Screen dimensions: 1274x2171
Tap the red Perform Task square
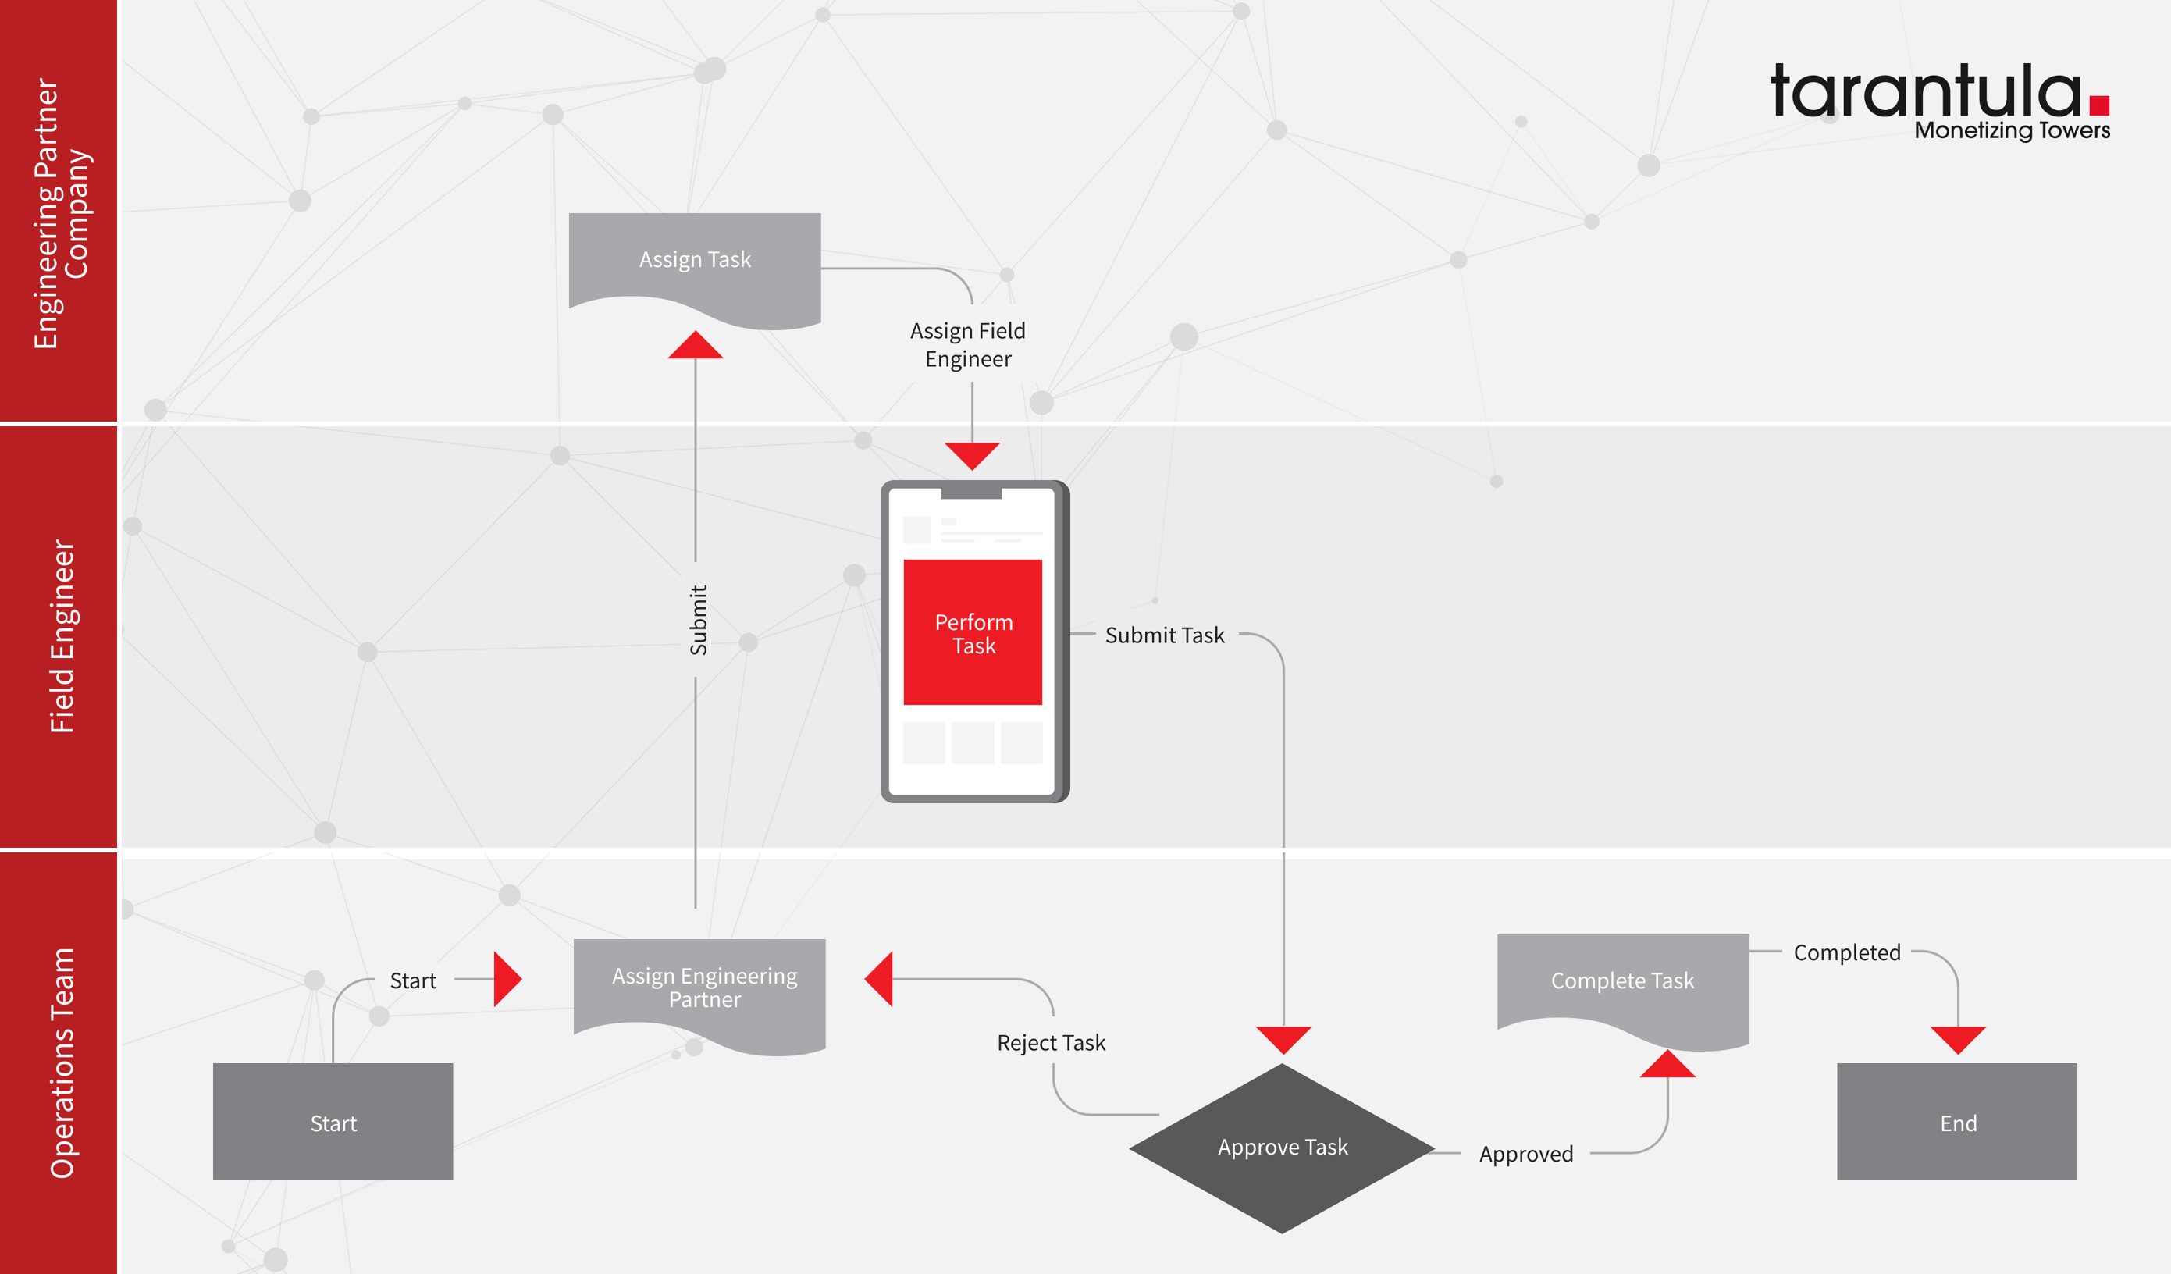973,632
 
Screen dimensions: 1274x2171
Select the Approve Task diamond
1282,1148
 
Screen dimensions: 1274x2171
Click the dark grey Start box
333,1122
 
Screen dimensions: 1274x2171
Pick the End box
1956,1122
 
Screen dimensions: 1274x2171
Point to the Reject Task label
1051,1043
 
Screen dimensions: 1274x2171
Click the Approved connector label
1525,1155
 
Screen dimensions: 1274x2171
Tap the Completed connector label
1846,952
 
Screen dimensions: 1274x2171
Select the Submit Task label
1164,635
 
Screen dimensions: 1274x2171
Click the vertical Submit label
698,620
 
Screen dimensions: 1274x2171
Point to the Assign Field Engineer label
967,344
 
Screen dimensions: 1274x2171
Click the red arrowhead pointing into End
1957,1038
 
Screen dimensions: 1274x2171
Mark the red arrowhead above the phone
972,454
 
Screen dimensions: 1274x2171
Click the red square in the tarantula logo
2098,105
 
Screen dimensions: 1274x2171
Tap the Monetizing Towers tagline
2012,131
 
